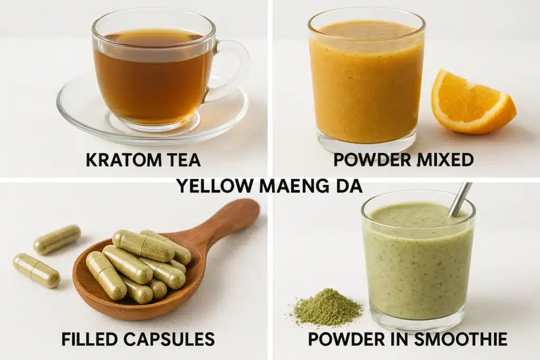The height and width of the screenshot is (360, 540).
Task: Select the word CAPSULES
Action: pyautogui.click(x=170, y=339)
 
